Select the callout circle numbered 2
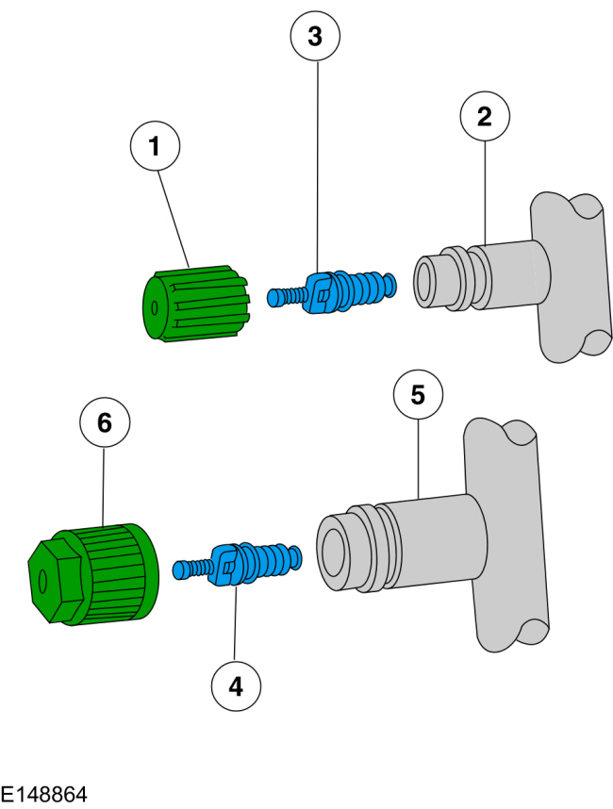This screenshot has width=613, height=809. click(x=485, y=116)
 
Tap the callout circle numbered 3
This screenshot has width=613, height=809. click(x=315, y=37)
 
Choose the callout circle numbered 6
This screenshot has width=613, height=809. click(x=105, y=423)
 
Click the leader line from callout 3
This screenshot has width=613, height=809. click(x=316, y=170)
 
